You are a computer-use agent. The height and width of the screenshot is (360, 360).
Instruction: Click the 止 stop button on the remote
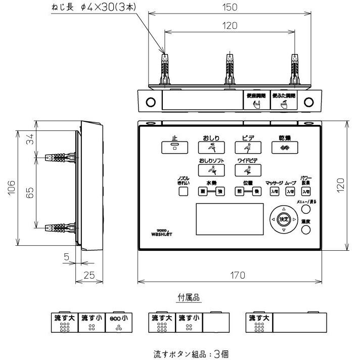[174, 148]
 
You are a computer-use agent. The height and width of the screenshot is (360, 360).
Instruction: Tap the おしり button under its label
[211, 148]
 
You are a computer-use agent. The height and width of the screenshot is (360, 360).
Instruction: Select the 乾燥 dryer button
[285, 148]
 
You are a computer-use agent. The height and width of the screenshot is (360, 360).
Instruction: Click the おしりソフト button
[211, 170]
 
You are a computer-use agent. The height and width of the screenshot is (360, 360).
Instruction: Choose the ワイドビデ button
[248, 170]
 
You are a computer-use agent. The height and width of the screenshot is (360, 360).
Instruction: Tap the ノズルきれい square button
[183, 192]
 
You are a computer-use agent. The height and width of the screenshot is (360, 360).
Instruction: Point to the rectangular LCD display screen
[229, 219]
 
